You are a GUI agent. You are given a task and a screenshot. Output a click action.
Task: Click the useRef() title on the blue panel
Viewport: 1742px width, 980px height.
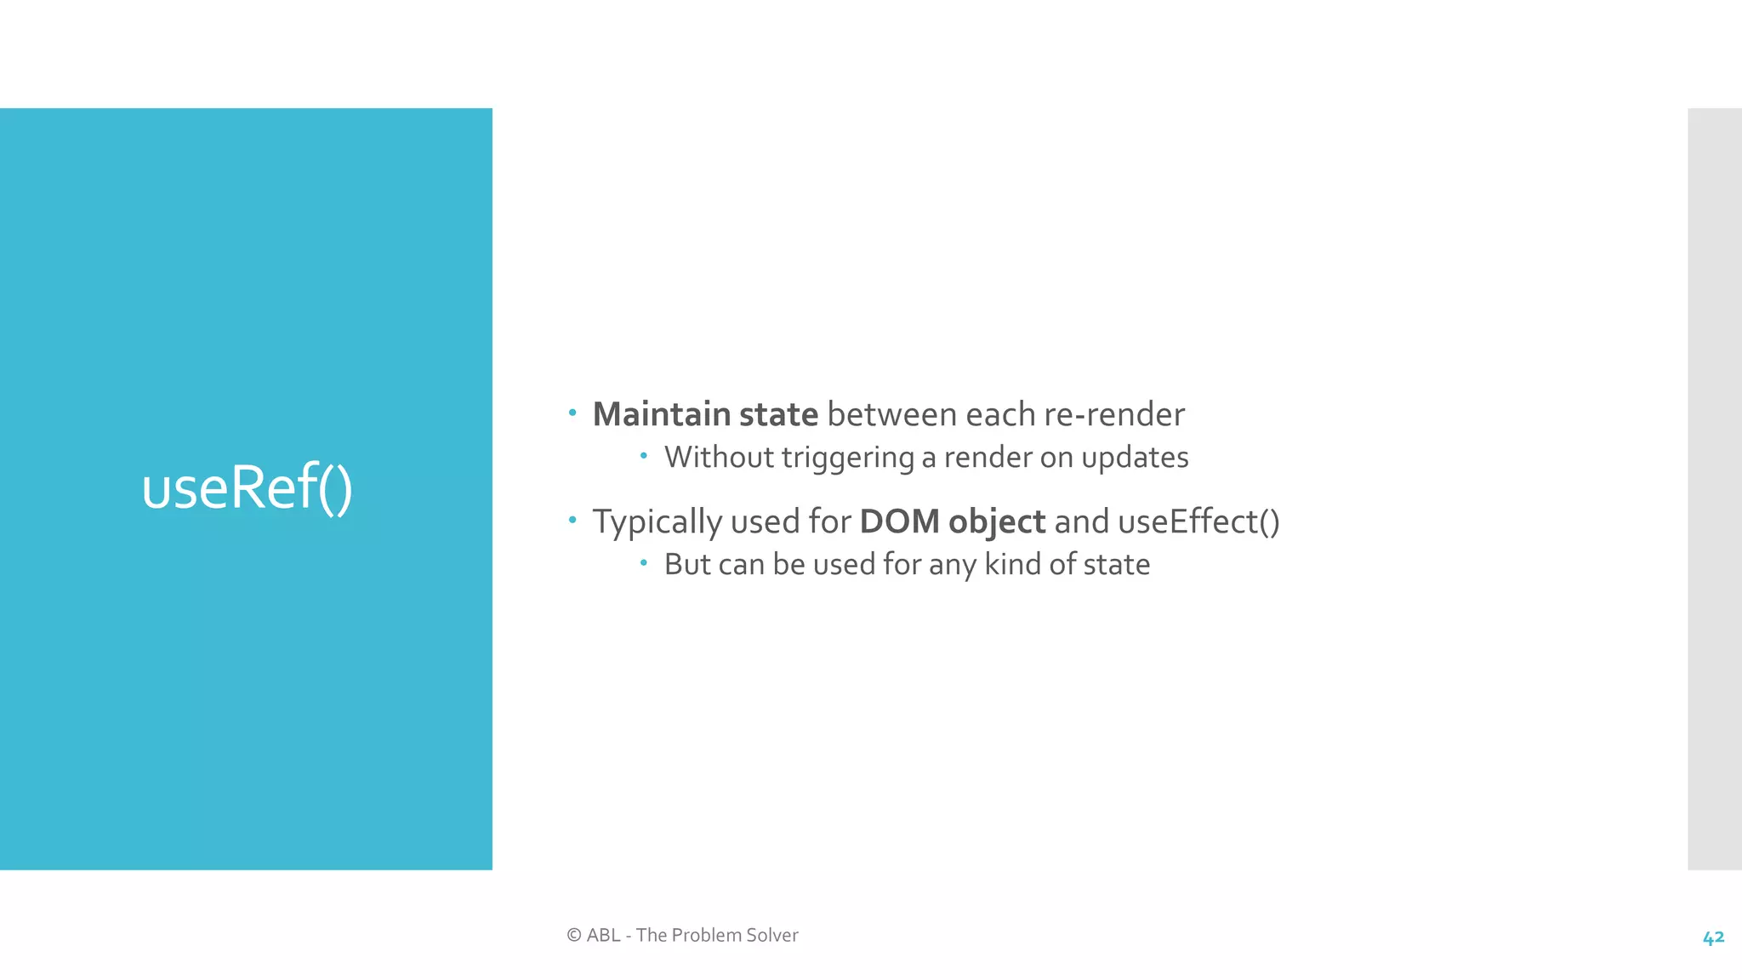[x=247, y=487]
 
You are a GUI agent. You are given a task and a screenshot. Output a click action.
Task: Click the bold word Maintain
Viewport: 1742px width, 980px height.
[x=661, y=414]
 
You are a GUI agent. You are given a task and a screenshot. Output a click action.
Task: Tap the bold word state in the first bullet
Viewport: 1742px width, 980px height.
[x=777, y=414]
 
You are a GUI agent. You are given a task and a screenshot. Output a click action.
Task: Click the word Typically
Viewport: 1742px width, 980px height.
[x=657, y=521]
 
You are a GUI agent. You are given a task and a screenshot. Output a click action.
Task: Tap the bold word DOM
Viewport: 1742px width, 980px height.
[x=899, y=521]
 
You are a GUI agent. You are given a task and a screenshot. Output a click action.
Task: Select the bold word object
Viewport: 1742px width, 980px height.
[x=996, y=521]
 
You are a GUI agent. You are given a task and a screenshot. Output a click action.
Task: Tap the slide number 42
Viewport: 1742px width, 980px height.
[x=1713, y=937]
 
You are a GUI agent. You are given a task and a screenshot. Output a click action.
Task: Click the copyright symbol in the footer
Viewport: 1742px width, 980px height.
[x=574, y=935]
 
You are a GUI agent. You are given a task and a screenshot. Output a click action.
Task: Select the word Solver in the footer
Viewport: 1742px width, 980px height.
[x=771, y=935]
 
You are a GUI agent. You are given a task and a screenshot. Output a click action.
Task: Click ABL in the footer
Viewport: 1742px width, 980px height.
[x=603, y=935]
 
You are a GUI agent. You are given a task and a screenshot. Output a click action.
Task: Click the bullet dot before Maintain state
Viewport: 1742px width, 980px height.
[x=572, y=413]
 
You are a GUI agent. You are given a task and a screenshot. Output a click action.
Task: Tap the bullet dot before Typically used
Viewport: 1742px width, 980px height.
[x=572, y=519]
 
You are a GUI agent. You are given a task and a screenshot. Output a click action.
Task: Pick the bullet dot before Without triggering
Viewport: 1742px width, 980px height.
[x=644, y=456]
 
